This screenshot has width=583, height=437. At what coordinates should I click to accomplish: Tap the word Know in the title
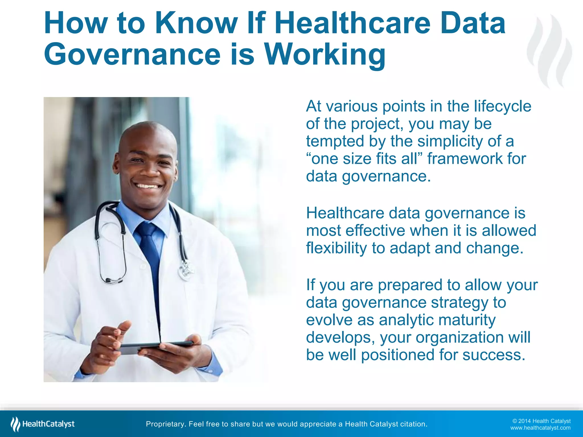click(x=197, y=23)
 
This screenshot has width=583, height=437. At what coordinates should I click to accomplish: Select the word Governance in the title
click(x=132, y=55)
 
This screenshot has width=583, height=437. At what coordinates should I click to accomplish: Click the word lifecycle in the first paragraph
click(x=502, y=106)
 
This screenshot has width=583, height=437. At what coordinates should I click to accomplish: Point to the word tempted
click(x=335, y=141)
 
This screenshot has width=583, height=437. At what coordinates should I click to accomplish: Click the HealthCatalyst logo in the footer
click(x=43, y=424)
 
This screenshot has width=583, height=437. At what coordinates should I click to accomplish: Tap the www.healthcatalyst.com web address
click(x=540, y=428)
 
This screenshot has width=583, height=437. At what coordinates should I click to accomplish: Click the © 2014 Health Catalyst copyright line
click(x=541, y=421)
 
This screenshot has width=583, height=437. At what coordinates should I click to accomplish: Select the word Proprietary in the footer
click(x=165, y=424)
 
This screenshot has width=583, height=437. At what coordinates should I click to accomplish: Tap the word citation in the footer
click(x=414, y=424)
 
